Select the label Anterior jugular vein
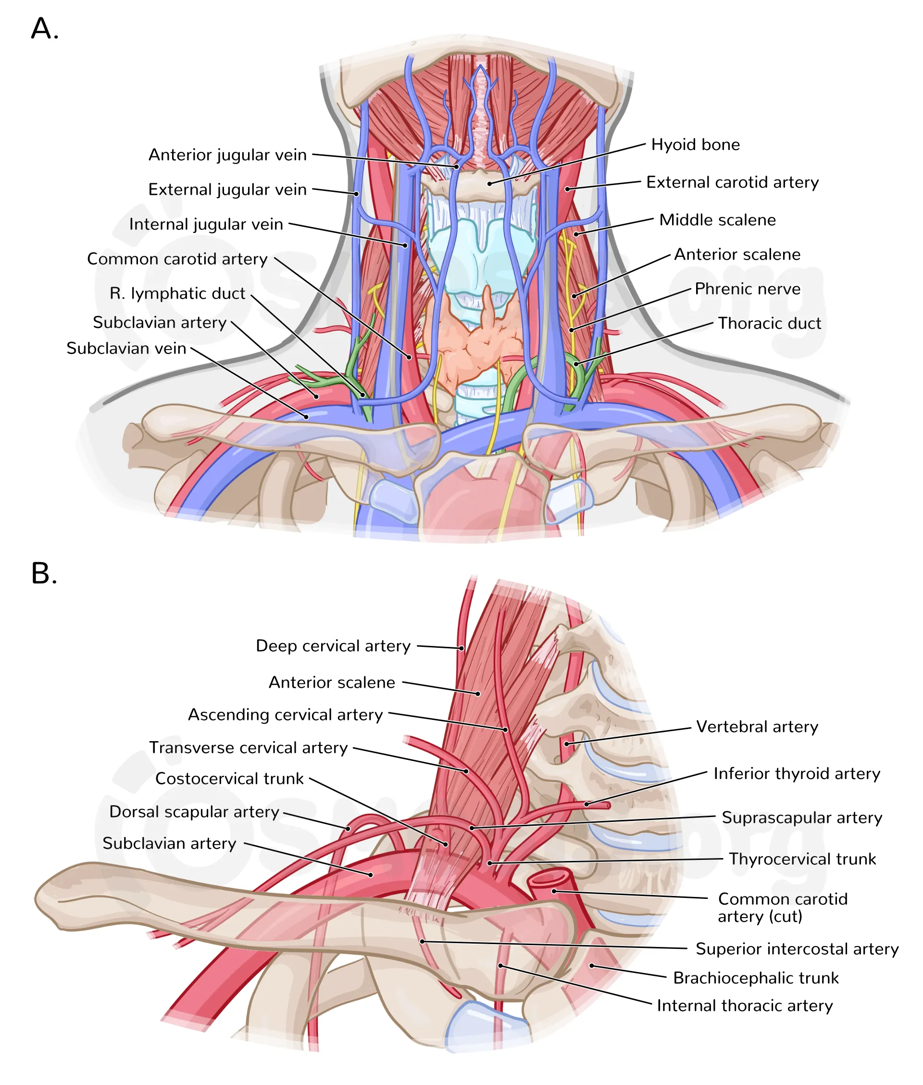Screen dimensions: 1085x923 click(x=227, y=155)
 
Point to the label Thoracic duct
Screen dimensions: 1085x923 click(x=769, y=324)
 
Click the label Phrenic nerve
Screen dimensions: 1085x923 click(x=747, y=289)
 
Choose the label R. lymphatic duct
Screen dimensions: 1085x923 click(x=177, y=294)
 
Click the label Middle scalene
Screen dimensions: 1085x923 click(x=717, y=220)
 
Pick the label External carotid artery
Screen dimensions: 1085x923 click(x=732, y=182)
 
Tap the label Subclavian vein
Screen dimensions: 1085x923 click(x=126, y=349)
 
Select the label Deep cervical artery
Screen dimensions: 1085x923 click(x=333, y=646)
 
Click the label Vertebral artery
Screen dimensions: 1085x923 click(x=757, y=727)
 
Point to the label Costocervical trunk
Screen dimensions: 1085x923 click(x=229, y=779)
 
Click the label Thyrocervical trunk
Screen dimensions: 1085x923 click(x=802, y=859)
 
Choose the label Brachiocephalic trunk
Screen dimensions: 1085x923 click(x=756, y=978)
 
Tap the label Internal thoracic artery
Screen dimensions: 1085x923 click(x=744, y=1006)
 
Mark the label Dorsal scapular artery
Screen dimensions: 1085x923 click(x=194, y=812)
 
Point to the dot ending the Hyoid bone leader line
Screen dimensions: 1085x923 click(x=490, y=184)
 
